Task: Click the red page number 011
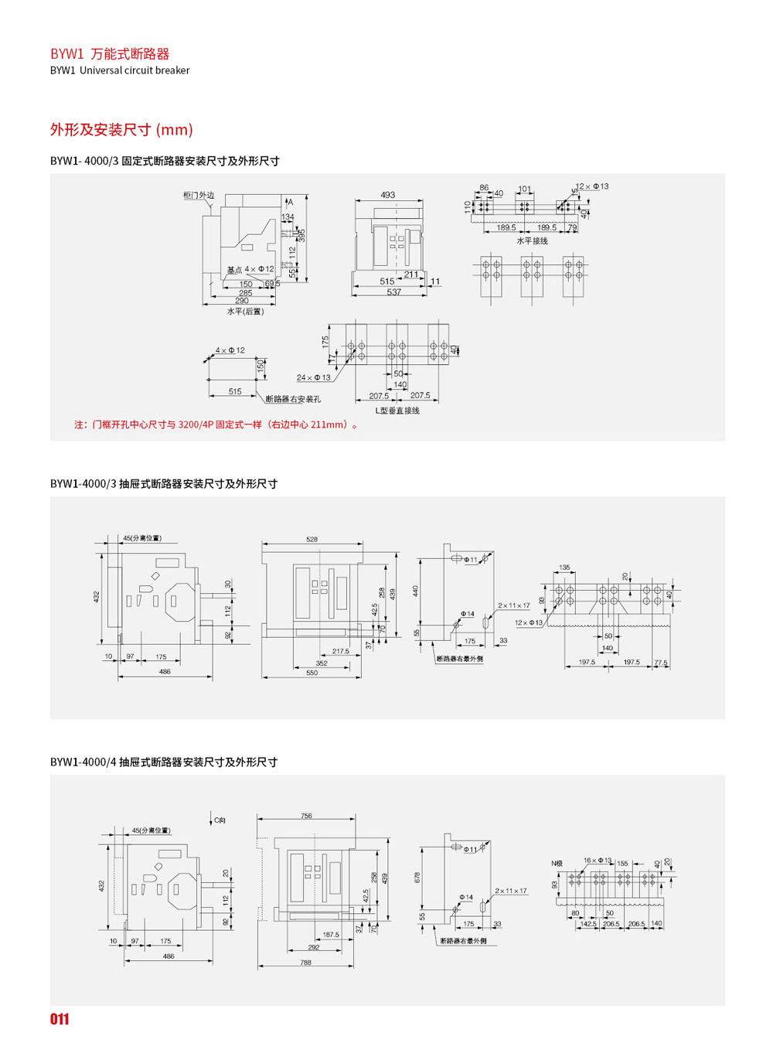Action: click(60, 1019)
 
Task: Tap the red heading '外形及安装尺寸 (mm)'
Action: click(121, 129)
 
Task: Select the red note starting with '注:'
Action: click(217, 424)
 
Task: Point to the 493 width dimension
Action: click(388, 195)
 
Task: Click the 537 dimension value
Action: click(393, 292)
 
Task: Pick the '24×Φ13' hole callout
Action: click(313, 377)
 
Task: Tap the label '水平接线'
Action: click(532, 241)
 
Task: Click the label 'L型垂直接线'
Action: click(397, 411)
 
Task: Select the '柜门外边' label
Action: click(199, 196)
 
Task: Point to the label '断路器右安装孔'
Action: click(293, 399)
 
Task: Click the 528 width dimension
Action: click(312, 540)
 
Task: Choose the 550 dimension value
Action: click(312, 673)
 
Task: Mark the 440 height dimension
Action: click(416, 591)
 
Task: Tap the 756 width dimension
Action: click(306, 816)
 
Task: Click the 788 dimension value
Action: click(305, 963)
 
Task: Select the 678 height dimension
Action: click(418, 878)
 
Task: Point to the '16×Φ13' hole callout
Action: click(598, 860)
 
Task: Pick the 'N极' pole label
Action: click(557, 863)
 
